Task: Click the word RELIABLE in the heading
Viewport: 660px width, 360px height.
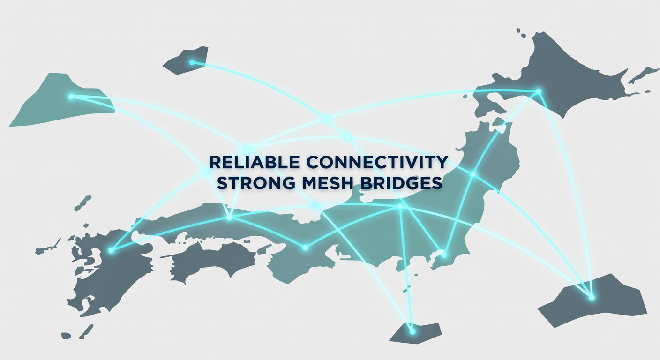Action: click(x=255, y=162)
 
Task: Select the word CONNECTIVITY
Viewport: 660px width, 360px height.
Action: click(x=377, y=162)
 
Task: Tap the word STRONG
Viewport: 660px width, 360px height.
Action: click(x=256, y=183)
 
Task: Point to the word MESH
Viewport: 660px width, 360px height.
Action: click(x=327, y=183)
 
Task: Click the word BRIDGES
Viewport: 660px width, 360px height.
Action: click(x=401, y=183)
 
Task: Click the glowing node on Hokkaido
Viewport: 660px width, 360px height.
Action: click(x=538, y=91)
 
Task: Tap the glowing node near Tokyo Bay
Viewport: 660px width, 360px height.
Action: click(x=444, y=255)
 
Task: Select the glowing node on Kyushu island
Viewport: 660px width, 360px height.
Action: click(x=111, y=250)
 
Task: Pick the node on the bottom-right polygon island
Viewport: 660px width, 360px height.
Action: click(x=592, y=298)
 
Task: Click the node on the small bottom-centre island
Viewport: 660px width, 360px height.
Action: click(x=412, y=332)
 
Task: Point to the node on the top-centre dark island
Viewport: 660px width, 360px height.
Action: click(x=192, y=62)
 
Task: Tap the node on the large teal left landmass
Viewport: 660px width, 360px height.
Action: click(x=71, y=97)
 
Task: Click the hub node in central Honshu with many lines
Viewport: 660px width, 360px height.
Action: click(x=400, y=206)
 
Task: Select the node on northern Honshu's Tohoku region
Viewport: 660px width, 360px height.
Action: click(x=473, y=174)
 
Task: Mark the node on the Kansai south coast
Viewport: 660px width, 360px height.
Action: click(x=306, y=247)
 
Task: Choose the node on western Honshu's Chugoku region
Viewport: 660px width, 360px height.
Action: click(x=230, y=217)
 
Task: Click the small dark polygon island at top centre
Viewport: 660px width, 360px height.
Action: click(x=186, y=60)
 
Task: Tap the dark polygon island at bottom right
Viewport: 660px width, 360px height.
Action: click(x=592, y=300)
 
